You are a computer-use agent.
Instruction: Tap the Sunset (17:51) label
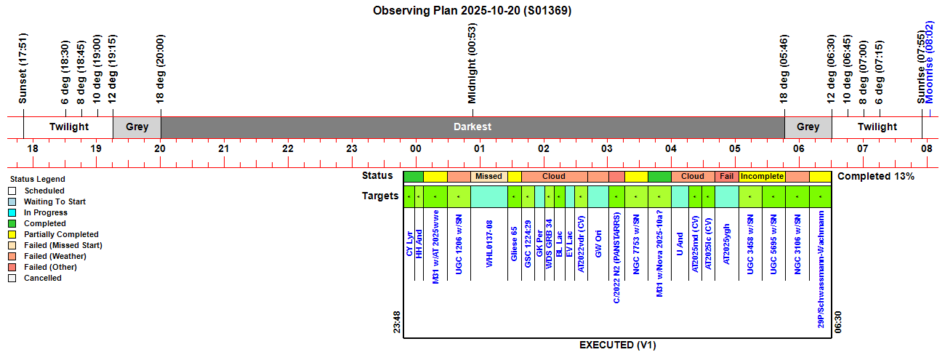[23, 68]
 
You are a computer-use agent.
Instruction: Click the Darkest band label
[472, 127]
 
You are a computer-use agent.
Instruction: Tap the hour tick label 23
[352, 148]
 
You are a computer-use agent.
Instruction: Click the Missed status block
[488, 176]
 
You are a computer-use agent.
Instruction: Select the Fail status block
[726, 176]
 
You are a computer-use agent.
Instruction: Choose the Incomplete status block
[762, 176]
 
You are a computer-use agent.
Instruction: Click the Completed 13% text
[875, 176]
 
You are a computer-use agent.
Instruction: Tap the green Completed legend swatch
[12, 223]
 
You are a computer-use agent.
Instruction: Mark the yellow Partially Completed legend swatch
[12, 234]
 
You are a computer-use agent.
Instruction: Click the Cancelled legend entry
[42, 278]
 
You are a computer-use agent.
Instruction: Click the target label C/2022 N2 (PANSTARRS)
[616, 258]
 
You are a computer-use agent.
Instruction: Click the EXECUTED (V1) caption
[617, 345]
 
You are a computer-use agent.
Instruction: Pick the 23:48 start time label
[397, 324]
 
